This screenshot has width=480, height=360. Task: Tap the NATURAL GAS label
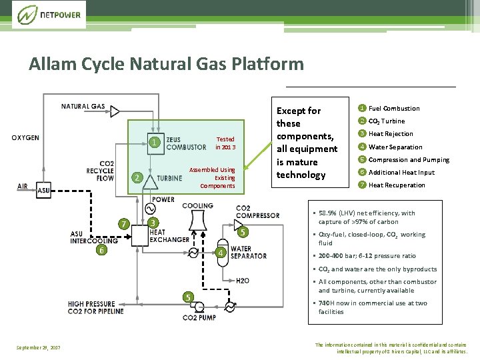(x=83, y=106)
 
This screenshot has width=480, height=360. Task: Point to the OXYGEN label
(x=25, y=138)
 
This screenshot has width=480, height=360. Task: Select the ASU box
(x=43, y=190)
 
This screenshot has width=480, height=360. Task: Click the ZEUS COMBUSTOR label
(x=186, y=143)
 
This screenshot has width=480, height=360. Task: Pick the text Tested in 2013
(x=225, y=143)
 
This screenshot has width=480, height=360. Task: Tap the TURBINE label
(x=169, y=179)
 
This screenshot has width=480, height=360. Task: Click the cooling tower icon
(x=197, y=221)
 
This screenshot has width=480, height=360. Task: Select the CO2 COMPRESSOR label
(x=257, y=212)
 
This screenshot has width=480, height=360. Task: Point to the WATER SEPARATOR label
(x=248, y=252)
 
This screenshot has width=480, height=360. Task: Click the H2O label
(x=243, y=281)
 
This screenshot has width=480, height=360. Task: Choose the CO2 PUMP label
(x=199, y=317)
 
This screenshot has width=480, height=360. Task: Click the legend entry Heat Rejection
(x=391, y=134)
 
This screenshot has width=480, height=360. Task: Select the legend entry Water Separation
(x=395, y=147)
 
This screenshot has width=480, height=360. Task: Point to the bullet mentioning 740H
(x=373, y=307)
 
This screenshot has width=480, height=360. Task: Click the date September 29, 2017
(x=38, y=348)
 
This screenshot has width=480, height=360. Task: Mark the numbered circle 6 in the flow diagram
(x=101, y=250)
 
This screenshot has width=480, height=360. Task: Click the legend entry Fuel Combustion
(x=394, y=108)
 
